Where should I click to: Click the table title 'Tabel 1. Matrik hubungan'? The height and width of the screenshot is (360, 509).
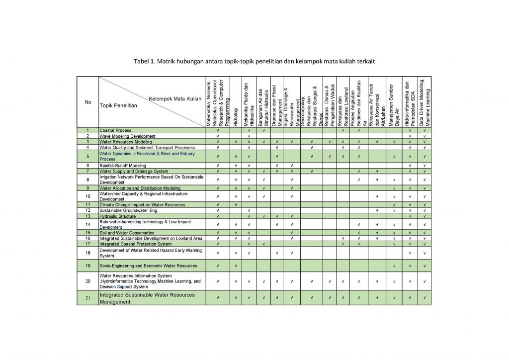point(254,62)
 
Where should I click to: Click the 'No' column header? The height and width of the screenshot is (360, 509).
point(88,102)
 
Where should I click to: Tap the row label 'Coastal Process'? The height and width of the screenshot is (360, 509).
point(115,130)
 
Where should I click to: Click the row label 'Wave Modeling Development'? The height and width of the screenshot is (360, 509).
point(128,136)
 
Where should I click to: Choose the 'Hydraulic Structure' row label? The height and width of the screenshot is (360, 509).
point(118,216)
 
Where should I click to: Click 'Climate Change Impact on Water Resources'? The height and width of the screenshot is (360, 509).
point(142,205)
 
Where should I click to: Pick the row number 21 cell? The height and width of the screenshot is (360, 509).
point(88,298)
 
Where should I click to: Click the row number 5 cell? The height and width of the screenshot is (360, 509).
point(88,157)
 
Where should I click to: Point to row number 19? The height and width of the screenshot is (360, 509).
point(88,266)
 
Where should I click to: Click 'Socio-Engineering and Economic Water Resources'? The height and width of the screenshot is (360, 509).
point(148,266)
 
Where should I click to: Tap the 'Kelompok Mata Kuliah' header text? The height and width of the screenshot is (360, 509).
point(174,99)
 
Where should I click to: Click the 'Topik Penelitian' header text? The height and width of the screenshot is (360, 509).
point(118,106)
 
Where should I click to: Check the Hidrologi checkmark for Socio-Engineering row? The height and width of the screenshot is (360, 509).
point(235,266)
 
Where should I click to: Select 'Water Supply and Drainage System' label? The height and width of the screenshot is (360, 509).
point(134,171)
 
